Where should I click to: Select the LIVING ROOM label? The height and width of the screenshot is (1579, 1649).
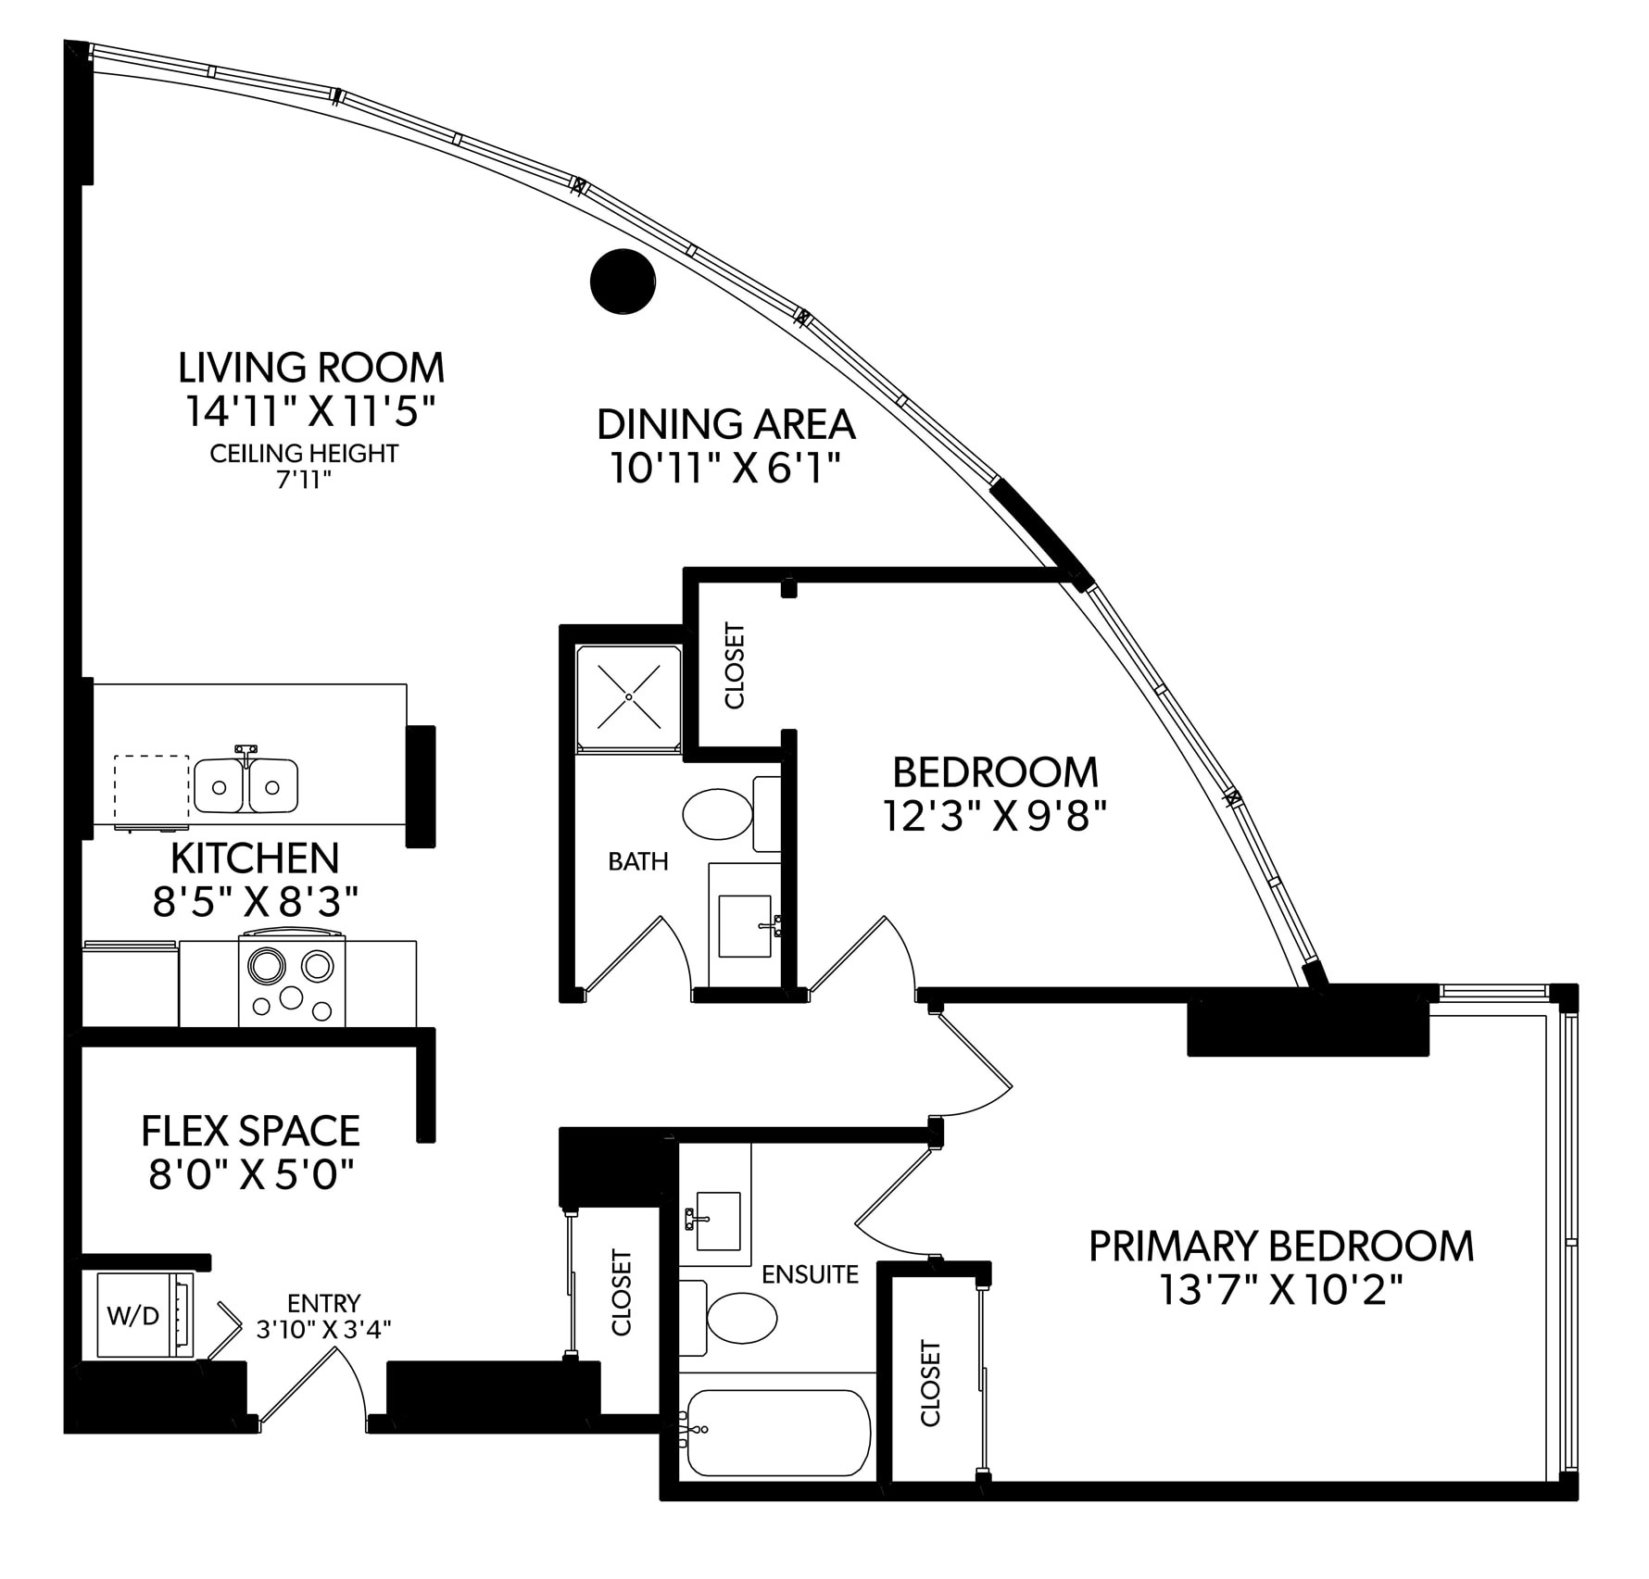pyautogui.click(x=311, y=368)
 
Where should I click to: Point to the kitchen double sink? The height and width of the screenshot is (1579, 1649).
pyautogui.click(x=245, y=785)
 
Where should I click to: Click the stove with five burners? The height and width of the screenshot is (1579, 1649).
pyautogui.click(x=292, y=981)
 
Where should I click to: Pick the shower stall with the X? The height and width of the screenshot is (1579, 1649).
pyautogui.click(x=628, y=696)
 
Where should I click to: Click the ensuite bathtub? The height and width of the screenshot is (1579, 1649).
pyautogui.click(x=776, y=1433)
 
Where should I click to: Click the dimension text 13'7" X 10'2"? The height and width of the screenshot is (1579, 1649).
pyautogui.click(x=1280, y=1290)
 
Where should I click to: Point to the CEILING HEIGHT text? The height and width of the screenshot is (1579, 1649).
pyautogui.click(x=304, y=454)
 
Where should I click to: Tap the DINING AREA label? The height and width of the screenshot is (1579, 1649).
pyautogui.click(x=725, y=424)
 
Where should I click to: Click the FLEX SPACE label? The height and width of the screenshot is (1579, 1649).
pyautogui.click(x=250, y=1131)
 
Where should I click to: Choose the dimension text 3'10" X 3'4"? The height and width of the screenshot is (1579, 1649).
pyautogui.click(x=323, y=1330)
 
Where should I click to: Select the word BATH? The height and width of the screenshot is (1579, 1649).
pyautogui.click(x=637, y=861)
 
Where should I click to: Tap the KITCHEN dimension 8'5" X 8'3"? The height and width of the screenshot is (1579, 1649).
pyautogui.click(x=255, y=901)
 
